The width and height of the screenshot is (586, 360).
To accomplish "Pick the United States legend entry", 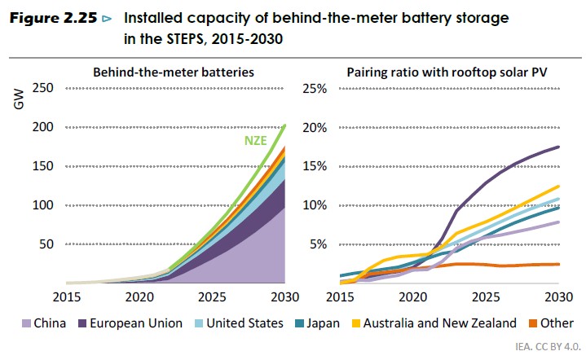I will point(239,324).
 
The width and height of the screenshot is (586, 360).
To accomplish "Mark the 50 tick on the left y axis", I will point(46,244).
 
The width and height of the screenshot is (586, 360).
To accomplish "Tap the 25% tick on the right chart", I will point(315,88).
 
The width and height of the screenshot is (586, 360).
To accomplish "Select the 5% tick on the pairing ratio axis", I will point(318,244).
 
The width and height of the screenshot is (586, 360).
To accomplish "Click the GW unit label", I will point(18,100).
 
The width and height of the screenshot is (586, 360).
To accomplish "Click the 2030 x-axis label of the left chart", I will point(284,294).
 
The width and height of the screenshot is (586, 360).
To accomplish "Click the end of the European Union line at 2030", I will point(558,147).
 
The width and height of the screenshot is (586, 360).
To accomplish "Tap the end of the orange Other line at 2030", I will point(558,264).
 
